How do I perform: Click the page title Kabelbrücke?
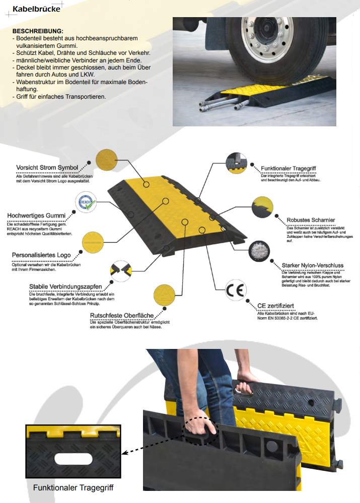coord(36,9)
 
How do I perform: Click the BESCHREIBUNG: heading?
coord(38,31)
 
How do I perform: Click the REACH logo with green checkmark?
coord(86,202)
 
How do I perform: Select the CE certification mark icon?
coord(236,290)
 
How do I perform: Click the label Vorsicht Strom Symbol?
coord(47,168)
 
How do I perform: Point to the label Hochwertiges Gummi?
coord(36,215)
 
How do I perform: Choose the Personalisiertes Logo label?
coord(41,255)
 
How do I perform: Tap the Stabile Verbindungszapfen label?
coord(65,286)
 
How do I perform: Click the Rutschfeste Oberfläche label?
coord(122,315)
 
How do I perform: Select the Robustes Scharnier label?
coord(311,220)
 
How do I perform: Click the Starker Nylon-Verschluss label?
coord(313,265)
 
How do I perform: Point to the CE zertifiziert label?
coord(275,306)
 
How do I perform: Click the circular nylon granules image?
coord(259,251)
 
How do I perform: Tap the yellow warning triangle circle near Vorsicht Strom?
coord(107,160)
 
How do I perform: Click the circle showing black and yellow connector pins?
coord(121,271)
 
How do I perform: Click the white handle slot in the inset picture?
coord(74,459)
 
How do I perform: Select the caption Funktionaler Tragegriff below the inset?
coord(73,487)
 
